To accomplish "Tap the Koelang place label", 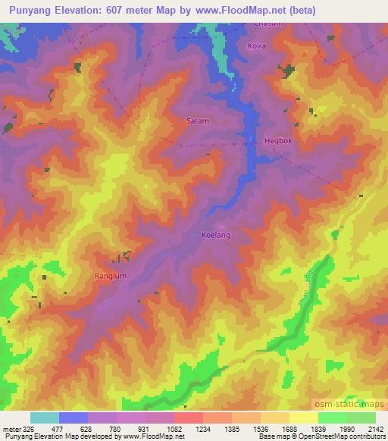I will pos(215,235).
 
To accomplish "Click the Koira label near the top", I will pos(257,46).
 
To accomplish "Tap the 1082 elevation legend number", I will pos(174,430).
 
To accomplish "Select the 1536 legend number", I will pos(261,430).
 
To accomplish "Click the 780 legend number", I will pos(116,430).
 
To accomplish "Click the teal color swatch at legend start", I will pos(45,418).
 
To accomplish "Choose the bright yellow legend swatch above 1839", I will pos(304,418).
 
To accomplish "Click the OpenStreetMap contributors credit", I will pos(342,437).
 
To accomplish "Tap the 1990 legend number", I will pos(347,430).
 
